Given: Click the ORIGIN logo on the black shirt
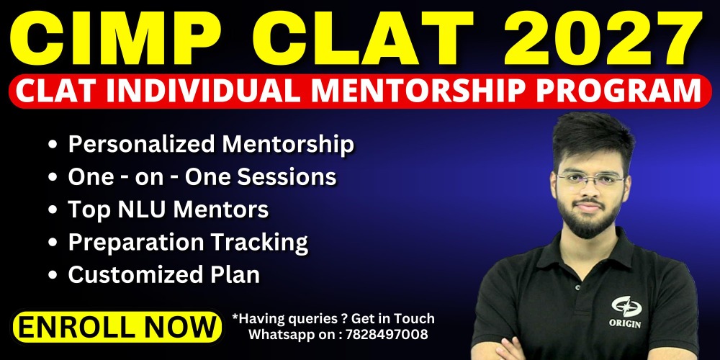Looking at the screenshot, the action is (626, 312).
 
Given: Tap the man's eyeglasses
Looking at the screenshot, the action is (591, 179).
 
